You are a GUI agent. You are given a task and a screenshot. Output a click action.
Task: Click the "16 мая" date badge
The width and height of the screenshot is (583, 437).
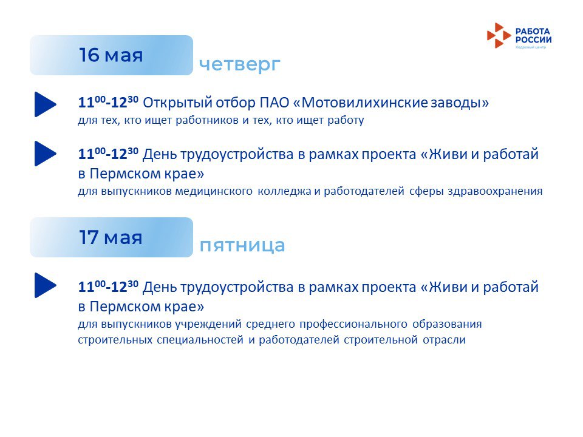coord(111,55)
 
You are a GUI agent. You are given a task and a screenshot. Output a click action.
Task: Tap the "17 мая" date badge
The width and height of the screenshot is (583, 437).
coord(111,237)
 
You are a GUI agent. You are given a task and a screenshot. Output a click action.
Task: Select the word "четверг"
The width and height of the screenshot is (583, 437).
coord(240,64)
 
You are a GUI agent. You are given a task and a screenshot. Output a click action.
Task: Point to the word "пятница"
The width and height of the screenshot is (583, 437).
coord(242,245)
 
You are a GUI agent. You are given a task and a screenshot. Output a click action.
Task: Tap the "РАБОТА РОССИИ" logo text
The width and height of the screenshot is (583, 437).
coord(533,36)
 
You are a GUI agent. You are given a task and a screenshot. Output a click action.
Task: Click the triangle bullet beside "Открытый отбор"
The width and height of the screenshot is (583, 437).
coord(46,104)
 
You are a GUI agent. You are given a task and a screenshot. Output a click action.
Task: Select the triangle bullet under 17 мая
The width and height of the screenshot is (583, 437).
coord(46,285)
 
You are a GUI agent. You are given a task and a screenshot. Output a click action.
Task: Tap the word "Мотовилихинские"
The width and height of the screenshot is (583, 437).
coord(364,103)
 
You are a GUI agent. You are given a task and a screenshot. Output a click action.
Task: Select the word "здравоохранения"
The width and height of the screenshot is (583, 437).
coord(495,191)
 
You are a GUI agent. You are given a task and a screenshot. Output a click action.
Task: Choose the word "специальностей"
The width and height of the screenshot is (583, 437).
coord(200,340)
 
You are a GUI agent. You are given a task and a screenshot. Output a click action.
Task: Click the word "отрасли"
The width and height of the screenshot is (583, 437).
coord(444,340)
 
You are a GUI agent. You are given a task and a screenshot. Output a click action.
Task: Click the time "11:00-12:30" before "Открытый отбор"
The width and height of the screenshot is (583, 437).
coord(108,102)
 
